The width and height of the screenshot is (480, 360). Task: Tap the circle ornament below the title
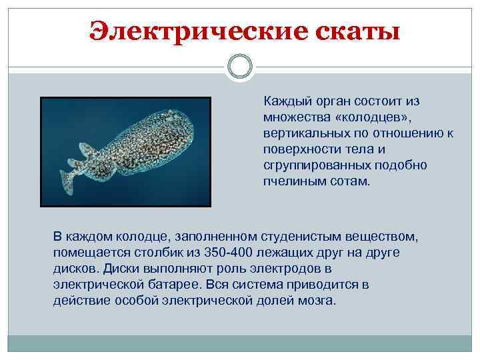point(240,67)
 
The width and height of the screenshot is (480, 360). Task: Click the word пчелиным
point(288,181)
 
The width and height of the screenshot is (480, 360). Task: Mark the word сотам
point(343,181)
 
